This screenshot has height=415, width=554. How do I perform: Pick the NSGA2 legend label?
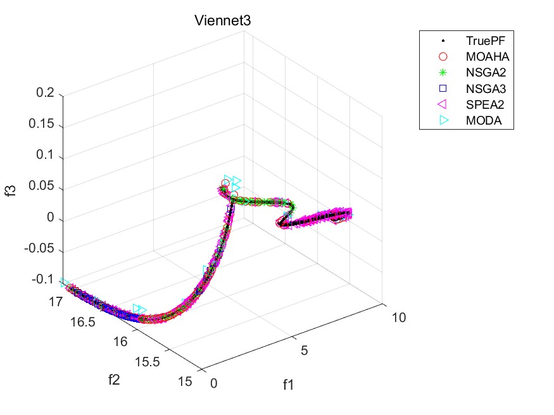[x=479, y=72]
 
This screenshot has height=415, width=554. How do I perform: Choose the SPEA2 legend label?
[x=479, y=104]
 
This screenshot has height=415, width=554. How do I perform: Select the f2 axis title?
[x=115, y=380]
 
